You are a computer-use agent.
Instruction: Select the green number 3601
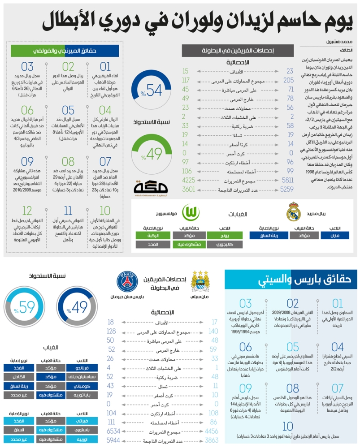click(189, 189)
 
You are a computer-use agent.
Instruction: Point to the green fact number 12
click(27, 211)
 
